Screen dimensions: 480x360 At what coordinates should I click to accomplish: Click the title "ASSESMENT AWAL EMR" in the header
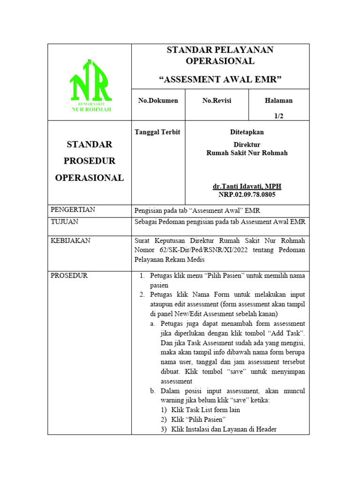pos(220,79)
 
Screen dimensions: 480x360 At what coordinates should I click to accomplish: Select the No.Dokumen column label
pos(158,101)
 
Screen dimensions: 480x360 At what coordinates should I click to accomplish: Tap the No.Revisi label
pos(217,101)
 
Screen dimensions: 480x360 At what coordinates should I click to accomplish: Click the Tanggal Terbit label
pos(157,132)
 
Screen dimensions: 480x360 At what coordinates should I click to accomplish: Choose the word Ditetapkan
pos(247,132)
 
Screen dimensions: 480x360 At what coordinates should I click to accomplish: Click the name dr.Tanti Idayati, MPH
pos(247,187)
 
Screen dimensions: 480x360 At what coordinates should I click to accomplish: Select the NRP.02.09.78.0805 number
pos(247,195)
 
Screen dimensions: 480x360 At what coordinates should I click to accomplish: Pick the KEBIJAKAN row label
pos(70,240)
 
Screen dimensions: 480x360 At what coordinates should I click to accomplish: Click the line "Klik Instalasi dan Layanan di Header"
pos(224,429)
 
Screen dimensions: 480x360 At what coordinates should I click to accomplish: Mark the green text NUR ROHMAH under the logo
pos(91,110)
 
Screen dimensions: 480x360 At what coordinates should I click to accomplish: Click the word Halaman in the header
pos(278,101)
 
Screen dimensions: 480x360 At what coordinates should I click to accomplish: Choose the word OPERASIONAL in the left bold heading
pos(89,178)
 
